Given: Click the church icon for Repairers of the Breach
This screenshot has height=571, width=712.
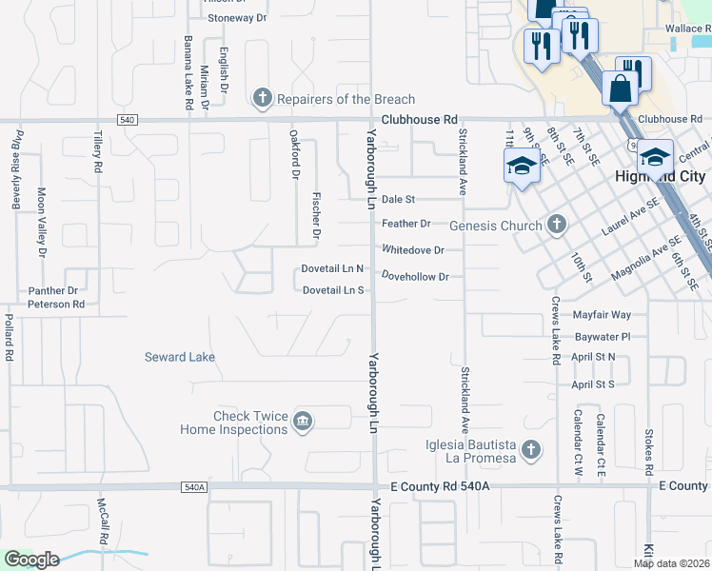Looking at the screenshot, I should (x=262, y=98).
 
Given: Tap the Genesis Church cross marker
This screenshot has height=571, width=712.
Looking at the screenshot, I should (x=558, y=226).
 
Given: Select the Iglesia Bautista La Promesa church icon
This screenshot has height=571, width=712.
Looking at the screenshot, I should (x=531, y=449).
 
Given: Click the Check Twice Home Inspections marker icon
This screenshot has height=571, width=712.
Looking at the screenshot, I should (x=302, y=422).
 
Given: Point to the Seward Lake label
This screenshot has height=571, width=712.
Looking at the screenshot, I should (x=180, y=357).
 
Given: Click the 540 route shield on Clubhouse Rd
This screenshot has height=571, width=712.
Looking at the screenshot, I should (x=127, y=120).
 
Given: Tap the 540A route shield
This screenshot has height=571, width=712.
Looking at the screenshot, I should (x=192, y=486).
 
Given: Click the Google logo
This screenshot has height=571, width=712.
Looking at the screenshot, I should (x=31, y=560).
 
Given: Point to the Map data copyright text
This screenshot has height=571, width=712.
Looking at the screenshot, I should (x=672, y=563).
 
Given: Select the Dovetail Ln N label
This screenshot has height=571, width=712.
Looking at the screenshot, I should (x=333, y=269).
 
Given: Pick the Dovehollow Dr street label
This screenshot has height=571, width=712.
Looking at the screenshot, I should (x=415, y=276).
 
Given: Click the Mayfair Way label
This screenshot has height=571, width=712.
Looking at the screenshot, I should (x=602, y=314).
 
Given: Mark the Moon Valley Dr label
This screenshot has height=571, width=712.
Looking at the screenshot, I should (x=41, y=235).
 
